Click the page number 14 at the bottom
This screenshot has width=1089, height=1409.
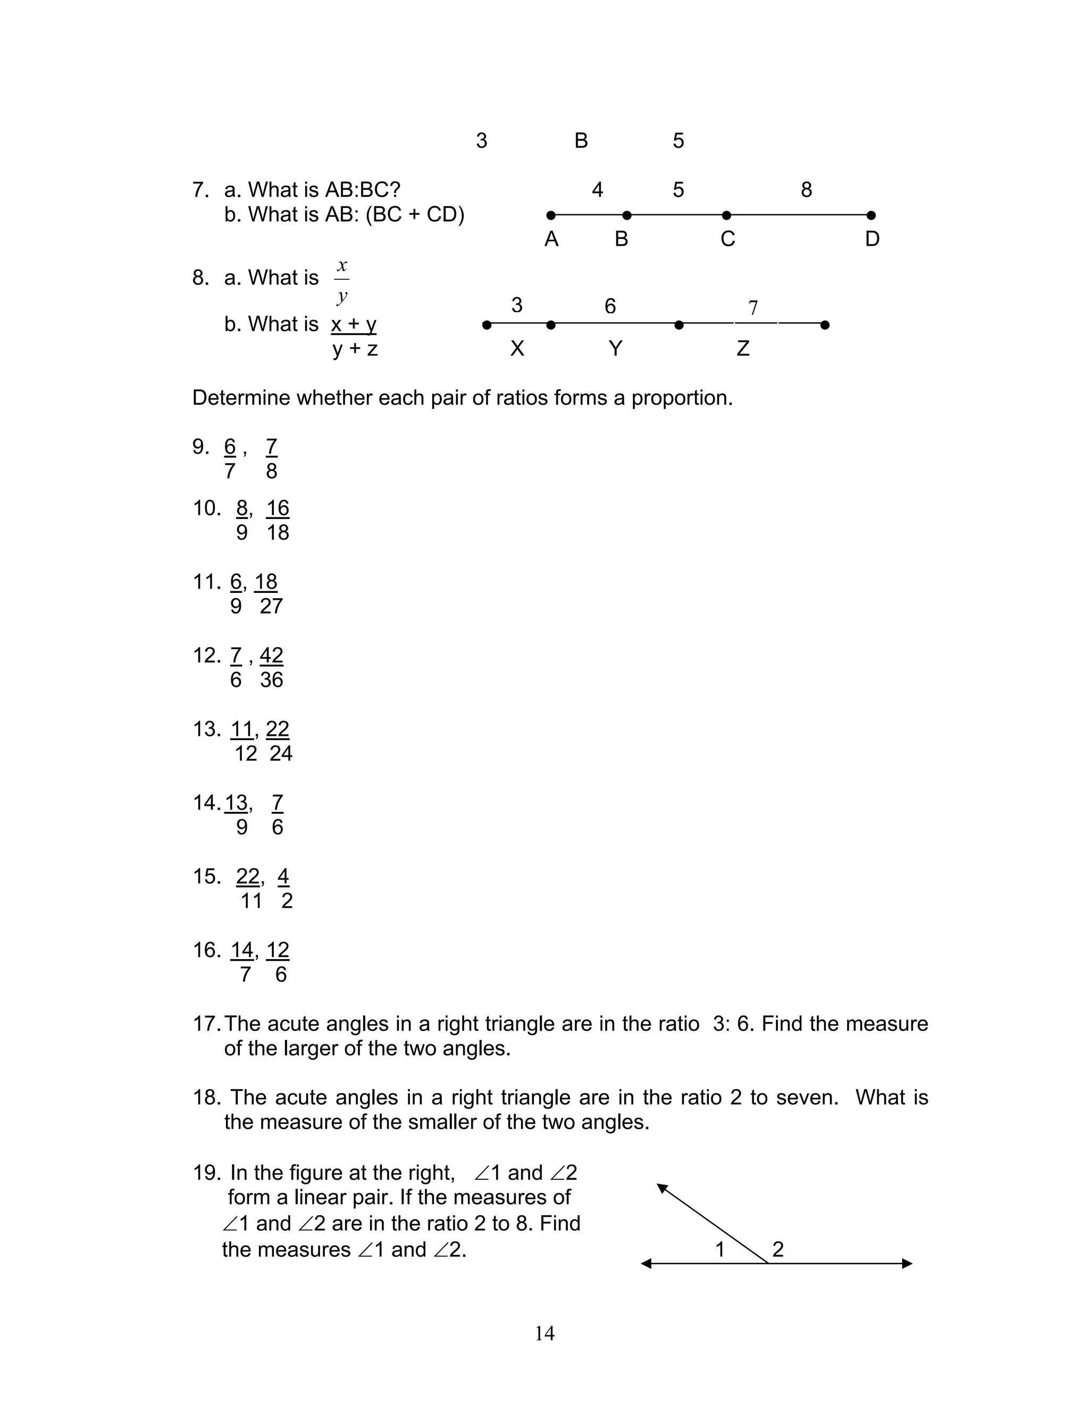click(544, 1333)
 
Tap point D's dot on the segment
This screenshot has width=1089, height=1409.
click(871, 215)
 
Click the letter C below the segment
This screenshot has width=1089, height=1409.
click(728, 239)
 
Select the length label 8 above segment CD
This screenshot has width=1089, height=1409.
click(806, 190)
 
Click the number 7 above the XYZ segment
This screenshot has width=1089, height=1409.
click(753, 308)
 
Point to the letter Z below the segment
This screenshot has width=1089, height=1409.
click(742, 348)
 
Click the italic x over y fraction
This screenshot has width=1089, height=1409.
click(342, 281)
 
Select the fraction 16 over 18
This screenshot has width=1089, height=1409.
click(278, 520)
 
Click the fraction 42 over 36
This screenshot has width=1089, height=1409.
click(272, 667)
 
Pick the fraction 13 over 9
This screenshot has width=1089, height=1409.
click(237, 814)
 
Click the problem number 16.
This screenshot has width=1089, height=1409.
click(206, 950)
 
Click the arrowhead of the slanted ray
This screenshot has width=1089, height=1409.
click(662, 1188)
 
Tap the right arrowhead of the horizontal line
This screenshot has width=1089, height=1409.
click(907, 1264)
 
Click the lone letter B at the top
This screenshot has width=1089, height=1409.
click(581, 141)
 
